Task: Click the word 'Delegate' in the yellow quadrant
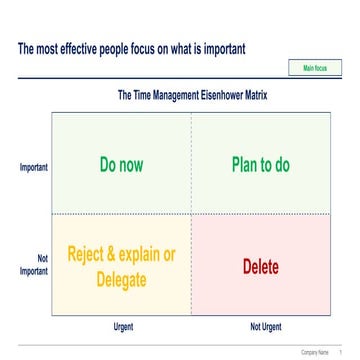(x=122, y=277)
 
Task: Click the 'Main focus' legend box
(x=315, y=67)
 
